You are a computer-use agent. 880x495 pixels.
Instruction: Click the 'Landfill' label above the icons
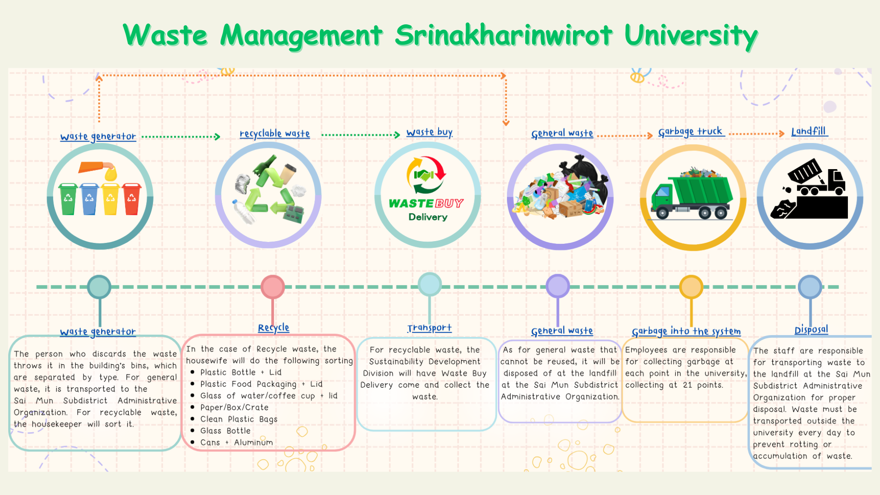[x=809, y=132]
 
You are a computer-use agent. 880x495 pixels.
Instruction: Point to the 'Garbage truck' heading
[x=690, y=132]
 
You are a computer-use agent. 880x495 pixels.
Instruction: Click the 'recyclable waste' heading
[x=275, y=134]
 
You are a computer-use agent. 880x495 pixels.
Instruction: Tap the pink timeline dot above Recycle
[x=273, y=287]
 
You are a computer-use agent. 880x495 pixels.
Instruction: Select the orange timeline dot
[x=691, y=287]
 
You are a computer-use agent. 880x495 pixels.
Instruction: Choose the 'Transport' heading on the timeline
[x=429, y=328]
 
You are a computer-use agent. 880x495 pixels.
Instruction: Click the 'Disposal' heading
[x=811, y=330]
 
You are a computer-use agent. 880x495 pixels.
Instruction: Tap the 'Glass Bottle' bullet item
[x=225, y=431]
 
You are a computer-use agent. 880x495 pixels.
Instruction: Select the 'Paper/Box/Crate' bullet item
[x=234, y=407]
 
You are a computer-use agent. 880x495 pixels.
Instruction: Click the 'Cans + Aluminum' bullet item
[x=236, y=443]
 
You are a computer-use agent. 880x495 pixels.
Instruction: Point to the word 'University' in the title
[x=691, y=36]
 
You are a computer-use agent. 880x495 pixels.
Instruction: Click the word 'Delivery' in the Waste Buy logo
[x=428, y=217]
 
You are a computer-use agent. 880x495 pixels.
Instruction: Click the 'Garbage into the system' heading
[x=686, y=331]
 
